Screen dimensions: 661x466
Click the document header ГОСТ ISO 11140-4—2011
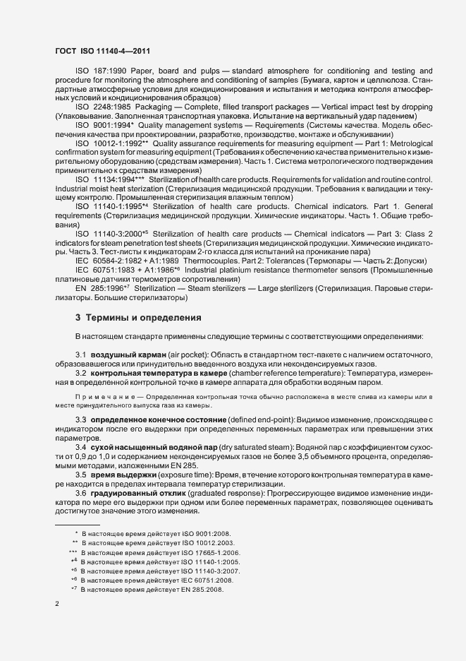coord(102,51)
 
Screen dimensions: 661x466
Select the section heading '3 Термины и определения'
coord(138,318)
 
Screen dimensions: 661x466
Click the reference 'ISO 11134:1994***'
coord(111,179)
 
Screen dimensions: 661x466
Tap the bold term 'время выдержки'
coord(120,475)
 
